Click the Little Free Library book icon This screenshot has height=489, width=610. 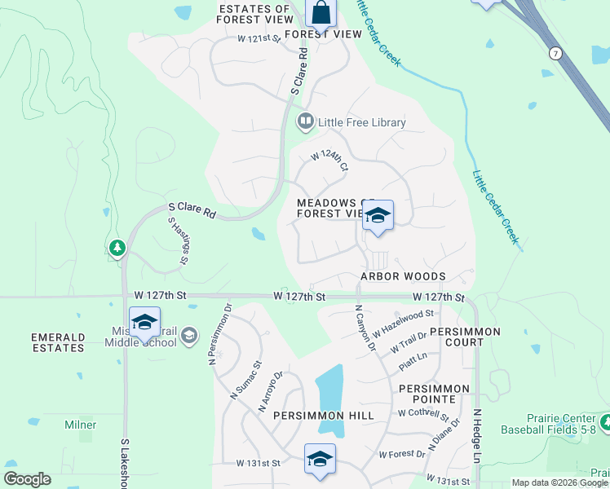tap(306, 122)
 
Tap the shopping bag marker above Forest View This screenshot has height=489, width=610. tap(321, 13)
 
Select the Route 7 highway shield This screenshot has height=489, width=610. tap(555, 54)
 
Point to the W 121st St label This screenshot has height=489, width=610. tap(259, 38)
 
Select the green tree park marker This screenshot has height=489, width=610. tap(117, 247)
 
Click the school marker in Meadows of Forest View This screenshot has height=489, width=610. tap(378, 216)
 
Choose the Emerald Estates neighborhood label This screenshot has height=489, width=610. tap(58, 342)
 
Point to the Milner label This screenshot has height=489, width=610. tap(81, 425)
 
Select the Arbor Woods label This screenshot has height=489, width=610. tap(404, 277)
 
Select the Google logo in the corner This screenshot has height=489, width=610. tap(27, 479)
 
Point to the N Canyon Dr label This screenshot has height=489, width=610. tap(364, 328)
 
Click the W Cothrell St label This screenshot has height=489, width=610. tap(424, 413)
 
